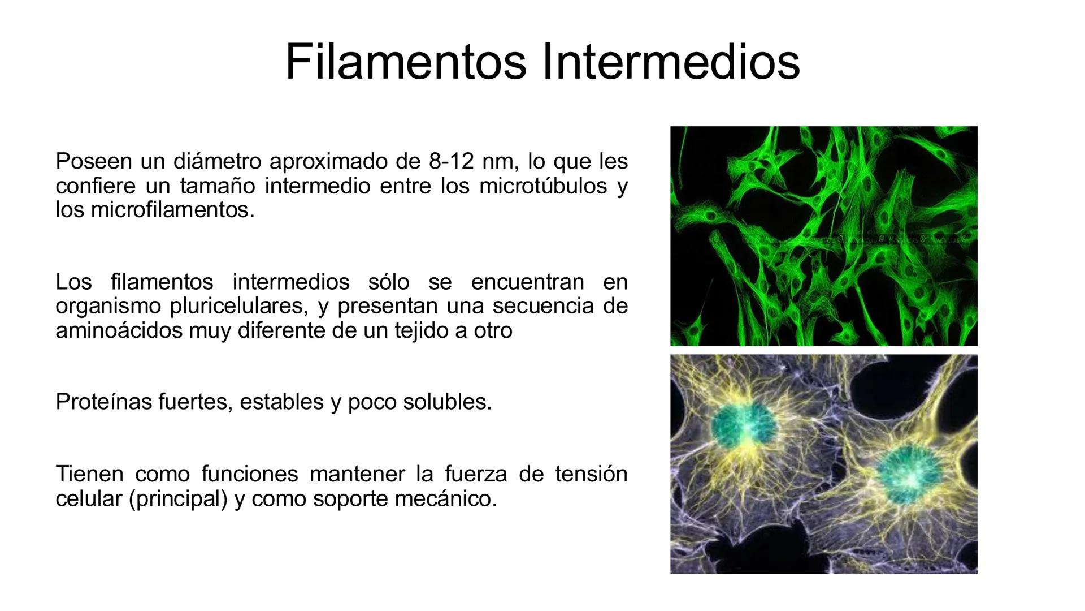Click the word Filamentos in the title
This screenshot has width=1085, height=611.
[x=406, y=62]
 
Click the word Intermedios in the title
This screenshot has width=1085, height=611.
[x=671, y=62]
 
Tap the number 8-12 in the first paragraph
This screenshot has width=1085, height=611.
[x=451, y=161]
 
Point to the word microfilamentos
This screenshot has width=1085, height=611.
[x=172, y=210]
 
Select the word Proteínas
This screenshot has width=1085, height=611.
[x=104, y=402]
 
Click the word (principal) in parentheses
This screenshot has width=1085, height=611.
[x=178, y=498]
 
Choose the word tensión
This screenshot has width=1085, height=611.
[x=591, y=474]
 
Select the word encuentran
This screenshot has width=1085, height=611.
[x=527, y=282]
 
